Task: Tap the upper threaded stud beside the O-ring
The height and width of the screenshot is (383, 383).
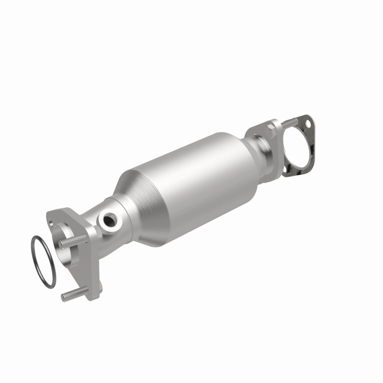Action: pyautogui.click(x=72, y=240)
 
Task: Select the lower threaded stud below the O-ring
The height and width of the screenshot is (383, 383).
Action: pyautogui.click(x=72, y=294)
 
